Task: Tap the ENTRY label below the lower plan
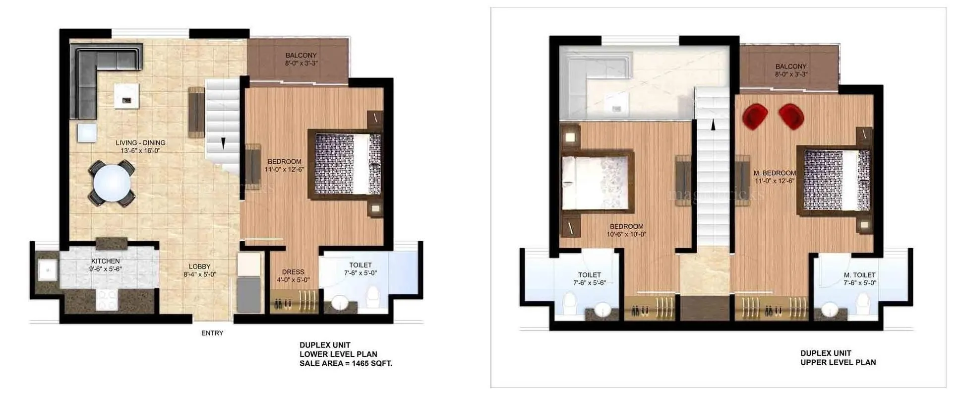[212, 333]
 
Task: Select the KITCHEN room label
[105, 261]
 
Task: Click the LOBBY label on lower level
[199, 266]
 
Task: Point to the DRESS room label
[293, 272]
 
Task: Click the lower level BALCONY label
[301, 56]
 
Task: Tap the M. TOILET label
[860, 275]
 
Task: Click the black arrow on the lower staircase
[223, 143]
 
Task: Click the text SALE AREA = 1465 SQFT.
[346, 364]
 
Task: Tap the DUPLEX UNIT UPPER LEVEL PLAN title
[838, 358]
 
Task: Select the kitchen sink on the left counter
[48, 271]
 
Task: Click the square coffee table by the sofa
[126, 96]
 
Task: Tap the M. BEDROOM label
[775, 173]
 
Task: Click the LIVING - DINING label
[141, 143]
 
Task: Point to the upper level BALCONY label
[791, 66]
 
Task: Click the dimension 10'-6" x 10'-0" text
[627, 234]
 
